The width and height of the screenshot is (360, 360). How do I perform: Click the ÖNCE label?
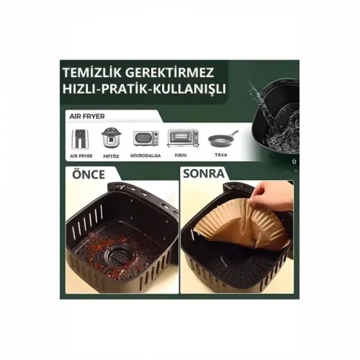(88, 173)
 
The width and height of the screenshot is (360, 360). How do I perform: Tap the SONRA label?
(203, 173)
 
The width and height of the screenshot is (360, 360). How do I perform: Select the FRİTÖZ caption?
(110, 155)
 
